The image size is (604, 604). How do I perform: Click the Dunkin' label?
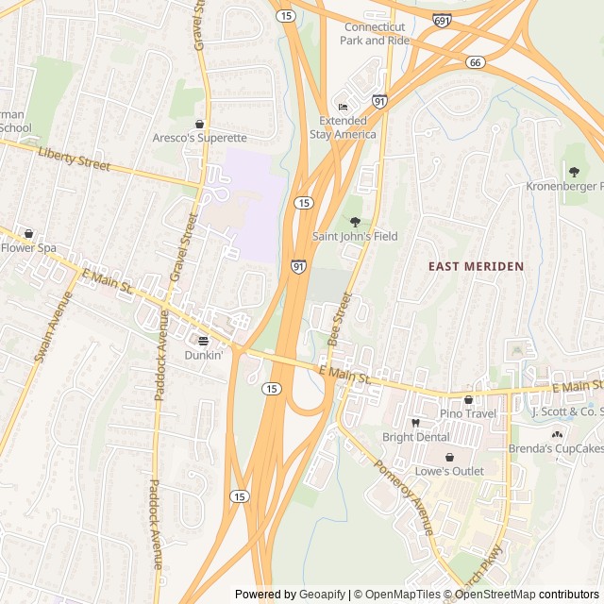pyautogui.click(x=203, y=356)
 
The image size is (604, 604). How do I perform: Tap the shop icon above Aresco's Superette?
pyautogui.click(x=199, y=124)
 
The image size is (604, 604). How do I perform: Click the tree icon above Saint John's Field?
pyautogui.click(x=355, y=222)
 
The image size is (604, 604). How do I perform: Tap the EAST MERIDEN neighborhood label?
pyautogui.click(x=476, y=267)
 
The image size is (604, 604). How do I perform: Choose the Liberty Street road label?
pyautogui.click(x=75, y=159)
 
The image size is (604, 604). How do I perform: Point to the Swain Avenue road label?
pyautogui.click(x=53, y=327)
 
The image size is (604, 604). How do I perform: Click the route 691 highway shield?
pyautogui.click(x=442, y=20)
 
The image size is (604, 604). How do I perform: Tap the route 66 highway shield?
pyautogui.click(x=475, y=61)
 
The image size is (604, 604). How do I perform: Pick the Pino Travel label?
pyautogui.click(x=468, y=413)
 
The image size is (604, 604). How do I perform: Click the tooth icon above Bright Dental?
pyautogui.click(x=415, y=423)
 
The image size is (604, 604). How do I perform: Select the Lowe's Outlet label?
pyautogui.click(x=449, y=471)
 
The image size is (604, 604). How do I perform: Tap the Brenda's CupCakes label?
pyautogui.click(x=556, y=448)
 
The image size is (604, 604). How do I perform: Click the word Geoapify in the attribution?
pyautogui.click(x=321, y=595)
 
